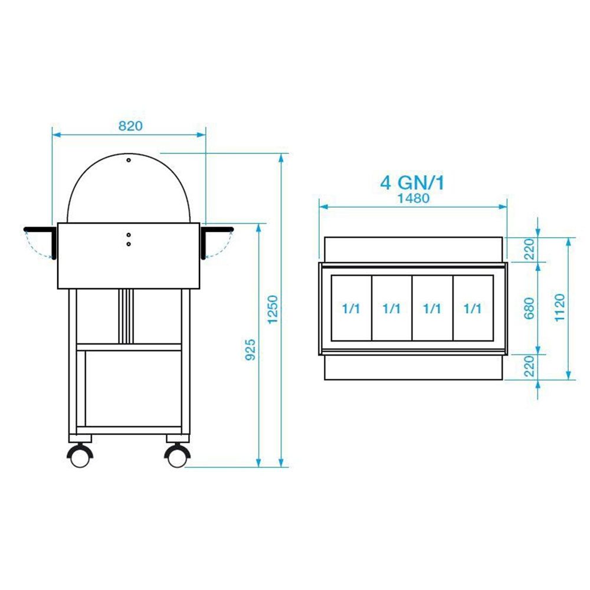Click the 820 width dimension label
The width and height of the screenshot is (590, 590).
tap(130, 126)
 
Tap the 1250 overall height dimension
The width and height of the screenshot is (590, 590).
tap(272, 309)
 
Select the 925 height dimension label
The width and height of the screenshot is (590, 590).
tap(250, 349)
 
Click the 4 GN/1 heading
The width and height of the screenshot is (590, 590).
tap(412, 183)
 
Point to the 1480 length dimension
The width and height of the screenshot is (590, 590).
tap(414, 198)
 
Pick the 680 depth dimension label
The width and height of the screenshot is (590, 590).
tap(529, 308)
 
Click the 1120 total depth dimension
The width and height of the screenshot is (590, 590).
tap(560, 307)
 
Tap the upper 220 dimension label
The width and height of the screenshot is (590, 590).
tap(529, 249)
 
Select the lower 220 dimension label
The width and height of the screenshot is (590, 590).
tap(529, 366)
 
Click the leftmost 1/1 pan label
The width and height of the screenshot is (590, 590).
tap(351, 309)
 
